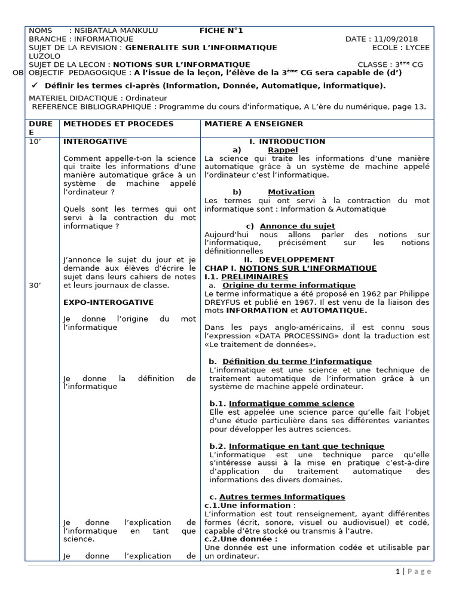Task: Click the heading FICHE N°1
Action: coord(221,31)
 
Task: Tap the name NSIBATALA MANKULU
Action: coord(106,31)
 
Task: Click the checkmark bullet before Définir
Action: coord(34,85)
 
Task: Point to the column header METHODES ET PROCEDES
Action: coord(118,124)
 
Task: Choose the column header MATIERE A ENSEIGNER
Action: coord(253,124)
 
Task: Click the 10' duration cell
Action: coord(35,142)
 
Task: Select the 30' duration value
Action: coord(35,286)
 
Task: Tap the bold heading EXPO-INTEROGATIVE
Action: coord(108,302)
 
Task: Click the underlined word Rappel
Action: coord(283,150)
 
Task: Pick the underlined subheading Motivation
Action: coord(291,192)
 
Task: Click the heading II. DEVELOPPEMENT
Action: coord(289,260)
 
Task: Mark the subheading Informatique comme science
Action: coord(291,403)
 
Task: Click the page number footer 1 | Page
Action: coord(413,571)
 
